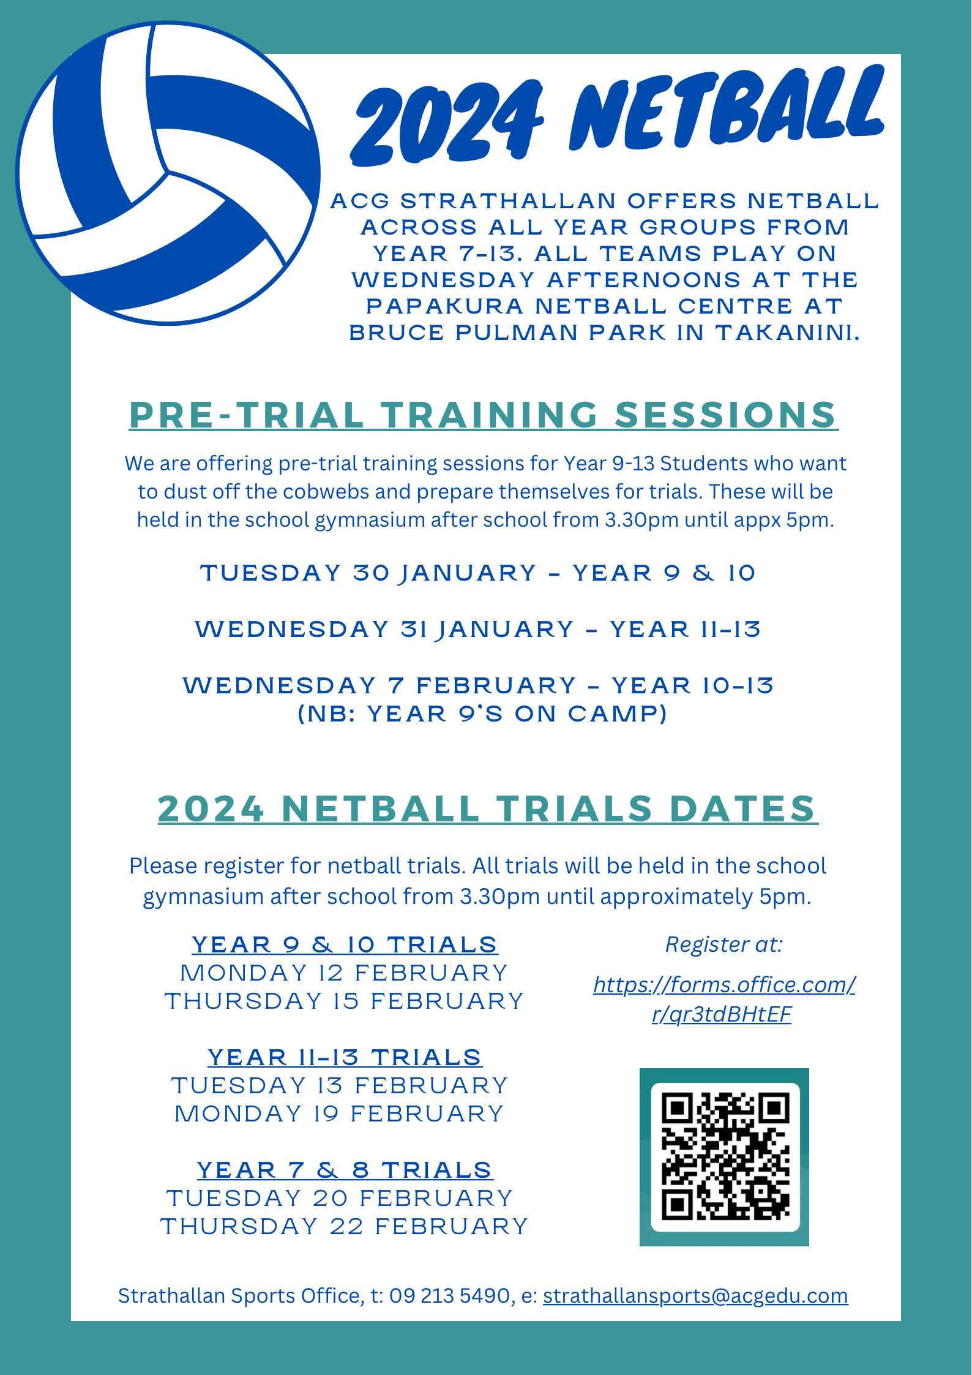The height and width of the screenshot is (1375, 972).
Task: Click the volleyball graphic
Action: click(x=168, y=173)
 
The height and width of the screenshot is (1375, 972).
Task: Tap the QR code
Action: click(x=725, y=1157)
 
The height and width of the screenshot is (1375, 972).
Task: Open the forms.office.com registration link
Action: click(x=723, y=999)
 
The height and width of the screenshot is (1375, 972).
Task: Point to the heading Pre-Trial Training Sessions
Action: click(x=483, y=415)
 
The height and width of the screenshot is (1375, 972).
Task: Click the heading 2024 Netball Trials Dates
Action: click(x=487, y=808)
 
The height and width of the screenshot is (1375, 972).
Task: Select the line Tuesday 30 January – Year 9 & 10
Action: click(x=477, y=573)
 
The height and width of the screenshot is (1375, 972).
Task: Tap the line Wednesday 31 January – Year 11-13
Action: click(x=477, y=630)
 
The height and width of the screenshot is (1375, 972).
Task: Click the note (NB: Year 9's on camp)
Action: click(x=482, y=714)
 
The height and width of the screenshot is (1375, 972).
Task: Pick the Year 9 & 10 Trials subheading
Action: click(x=345, y=944)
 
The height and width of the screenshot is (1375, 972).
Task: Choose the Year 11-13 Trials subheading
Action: click(x=345, y=1057)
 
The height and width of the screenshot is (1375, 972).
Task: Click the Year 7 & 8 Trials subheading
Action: click(x=345, y=1170)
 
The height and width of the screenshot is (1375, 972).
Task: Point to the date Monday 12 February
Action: click(x=344, y=973)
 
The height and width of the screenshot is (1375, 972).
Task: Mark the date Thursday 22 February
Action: click(x=344, y=1226)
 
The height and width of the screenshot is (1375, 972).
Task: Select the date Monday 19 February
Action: click(x=339, y=1113)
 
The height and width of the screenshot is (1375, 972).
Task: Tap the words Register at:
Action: click(x=723, y=944)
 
